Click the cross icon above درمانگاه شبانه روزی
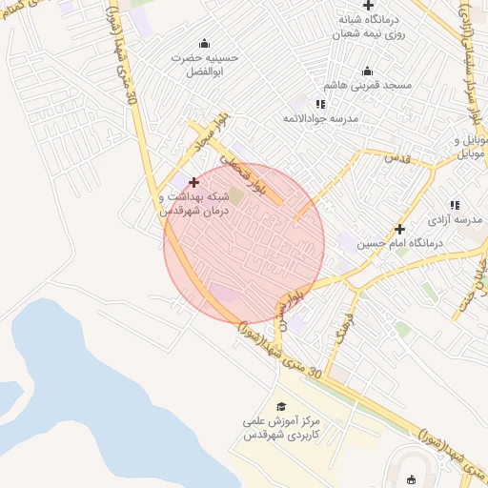[x=368, y=7]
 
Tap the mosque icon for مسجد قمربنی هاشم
[x=368, y=71]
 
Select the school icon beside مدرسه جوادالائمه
[x=320, y=103]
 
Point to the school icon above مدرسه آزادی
[x=454, y=204]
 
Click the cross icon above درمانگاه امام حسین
[x=399, y=229]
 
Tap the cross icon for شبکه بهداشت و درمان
[x=194, y=181]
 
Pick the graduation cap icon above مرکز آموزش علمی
[x=280, y=406]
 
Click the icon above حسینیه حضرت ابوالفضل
[x=204, y=43]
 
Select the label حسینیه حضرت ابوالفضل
[x=204, y=64]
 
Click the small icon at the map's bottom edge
[x=412, y=479]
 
